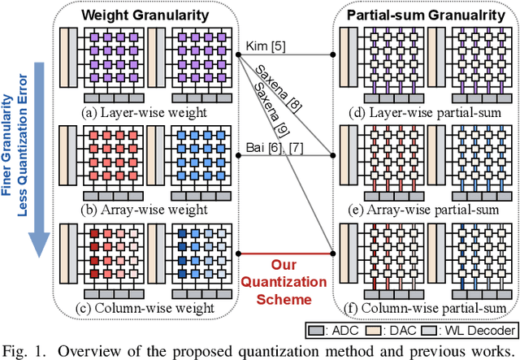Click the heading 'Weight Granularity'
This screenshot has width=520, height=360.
(144, 15)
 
